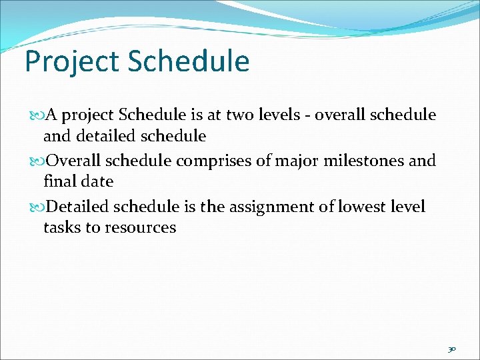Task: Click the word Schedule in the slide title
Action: point(188,61)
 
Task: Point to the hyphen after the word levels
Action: point(308,116)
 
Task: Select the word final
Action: point(59,181)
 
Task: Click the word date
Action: point(96,181)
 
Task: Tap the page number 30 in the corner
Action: point(451,349)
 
